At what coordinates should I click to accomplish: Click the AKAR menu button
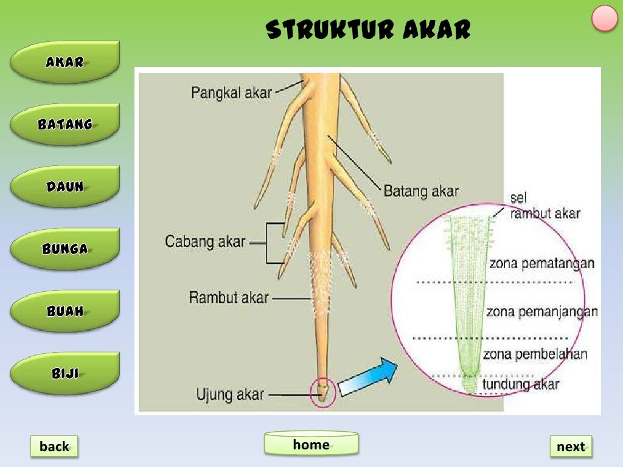tap(64, 61)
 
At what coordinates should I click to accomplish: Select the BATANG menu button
tap(64, 124)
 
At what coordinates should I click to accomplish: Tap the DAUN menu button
tap(64, 187)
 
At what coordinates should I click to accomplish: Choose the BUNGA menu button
tap(64, 249)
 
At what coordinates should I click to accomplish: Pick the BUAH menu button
tap(64, 311)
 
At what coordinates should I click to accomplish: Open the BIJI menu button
tap(64, 373)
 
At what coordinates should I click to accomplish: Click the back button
tap(54, 446)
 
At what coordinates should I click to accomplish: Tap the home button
tap(311, 444)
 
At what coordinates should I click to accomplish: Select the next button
tap(570, 446)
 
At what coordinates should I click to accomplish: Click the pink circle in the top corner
tap(605, 18)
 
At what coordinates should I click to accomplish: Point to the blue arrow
tap(367, 377)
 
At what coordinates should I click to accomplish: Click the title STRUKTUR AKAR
tap(369, 29)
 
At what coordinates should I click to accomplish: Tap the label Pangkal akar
tap(231, 93)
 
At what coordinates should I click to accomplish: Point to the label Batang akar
tap(421, 191)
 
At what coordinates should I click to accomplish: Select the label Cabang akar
tap(205, 241)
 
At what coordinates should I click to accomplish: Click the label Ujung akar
tap(230, 395)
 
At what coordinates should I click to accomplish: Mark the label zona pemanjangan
tap(541, 312)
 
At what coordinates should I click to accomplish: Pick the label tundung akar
tap(520, 384)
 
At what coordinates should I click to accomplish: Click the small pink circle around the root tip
tap(322, 392)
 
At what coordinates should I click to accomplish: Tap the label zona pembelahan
tap(535, 354)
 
